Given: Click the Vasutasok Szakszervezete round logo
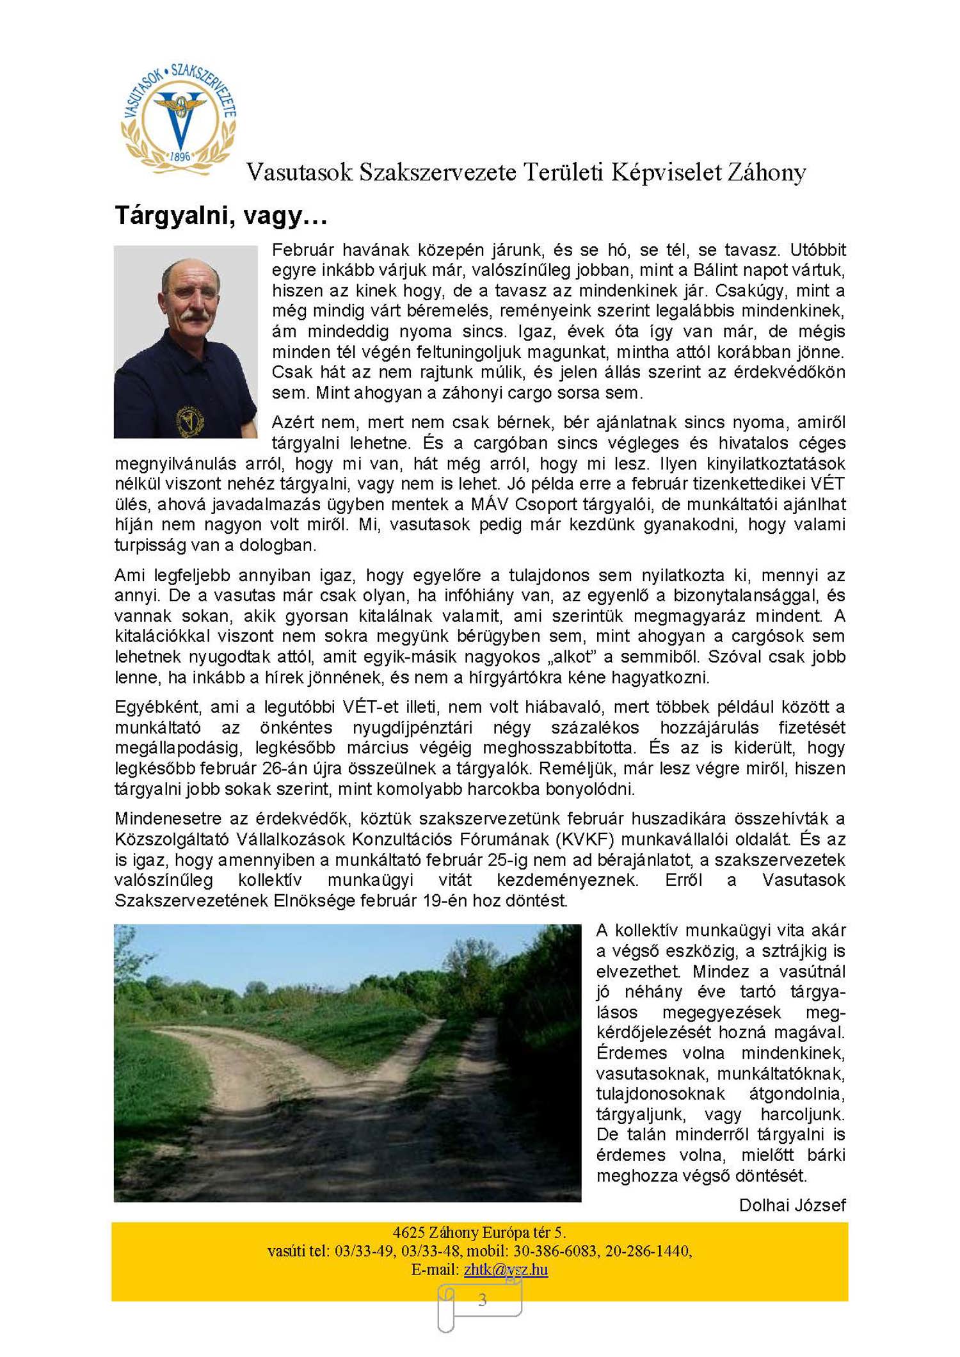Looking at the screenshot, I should coord(179,119).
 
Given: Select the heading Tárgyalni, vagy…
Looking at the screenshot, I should coord(221,216).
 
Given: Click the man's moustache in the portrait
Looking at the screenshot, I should coord(193,316).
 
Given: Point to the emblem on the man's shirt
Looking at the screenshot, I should coord(190,421).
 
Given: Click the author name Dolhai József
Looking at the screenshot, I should coord(792,1205).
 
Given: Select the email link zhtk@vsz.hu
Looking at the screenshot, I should coord(506,1269).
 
